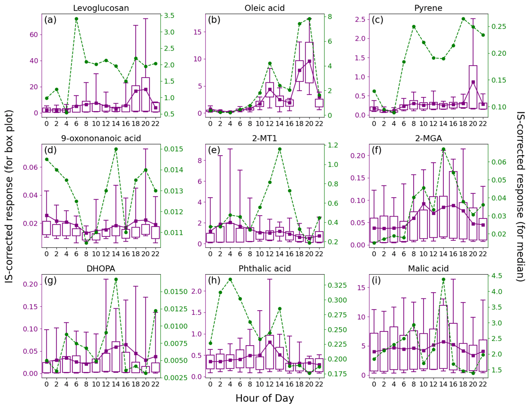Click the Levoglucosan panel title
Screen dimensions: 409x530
[101, 8]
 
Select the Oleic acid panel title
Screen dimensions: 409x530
[265, 8]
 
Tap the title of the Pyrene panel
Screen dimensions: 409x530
[428, 8]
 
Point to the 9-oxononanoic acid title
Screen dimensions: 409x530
[101, 139]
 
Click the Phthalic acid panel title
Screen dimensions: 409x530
[265, 269]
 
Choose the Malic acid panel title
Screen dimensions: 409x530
[428, 269]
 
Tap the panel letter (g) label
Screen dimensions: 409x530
[51, 280]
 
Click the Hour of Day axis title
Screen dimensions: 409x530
[265, 399]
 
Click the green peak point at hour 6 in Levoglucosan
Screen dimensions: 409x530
[76, 19]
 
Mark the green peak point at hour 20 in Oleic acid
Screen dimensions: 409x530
[309, 19]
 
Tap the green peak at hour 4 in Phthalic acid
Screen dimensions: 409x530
[230, 279]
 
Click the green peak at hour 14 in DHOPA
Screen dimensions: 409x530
[116, 279]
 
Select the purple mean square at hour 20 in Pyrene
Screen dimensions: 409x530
[473, 82]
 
